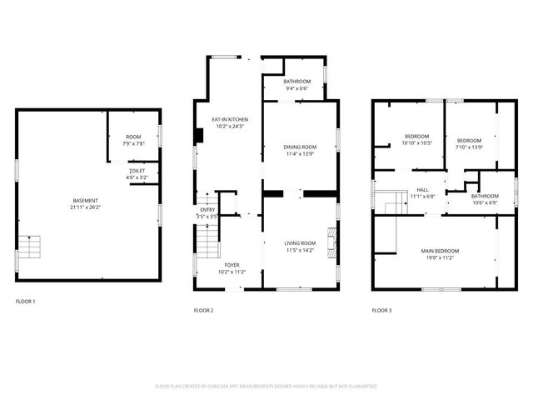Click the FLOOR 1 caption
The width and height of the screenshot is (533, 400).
[x=26, y=301]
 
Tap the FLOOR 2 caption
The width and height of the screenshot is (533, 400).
[x=204, y=310]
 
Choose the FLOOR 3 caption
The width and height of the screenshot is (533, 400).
[x=381, y=310]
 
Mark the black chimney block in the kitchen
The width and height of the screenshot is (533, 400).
[x=197, y=136]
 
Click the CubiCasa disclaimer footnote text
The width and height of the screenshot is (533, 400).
[x=266, y=387]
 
